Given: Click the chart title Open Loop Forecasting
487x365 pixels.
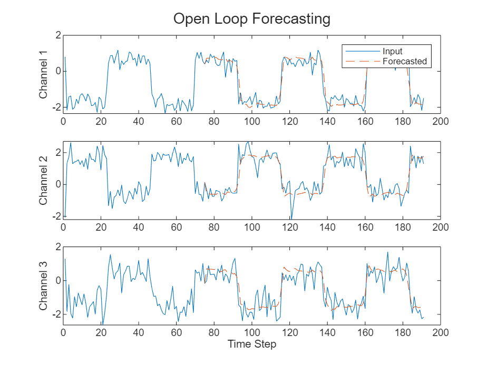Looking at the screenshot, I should pos(251,19).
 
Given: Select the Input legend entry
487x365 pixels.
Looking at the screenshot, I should pos(393,51).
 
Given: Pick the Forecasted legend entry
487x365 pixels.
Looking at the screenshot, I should pos(404,61).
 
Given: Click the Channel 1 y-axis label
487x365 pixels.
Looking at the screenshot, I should pos(44,74).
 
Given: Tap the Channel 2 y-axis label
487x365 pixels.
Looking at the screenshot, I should pos(44,180).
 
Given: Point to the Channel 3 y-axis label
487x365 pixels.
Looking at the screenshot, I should pos(44,285).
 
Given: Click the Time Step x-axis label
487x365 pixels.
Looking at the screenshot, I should pos(251,344).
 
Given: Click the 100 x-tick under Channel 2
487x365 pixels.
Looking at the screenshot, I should pos(251,228).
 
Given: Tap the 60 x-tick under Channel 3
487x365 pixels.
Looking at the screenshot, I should pos(177,333).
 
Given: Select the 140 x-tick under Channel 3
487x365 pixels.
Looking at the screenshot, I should pos(327,333).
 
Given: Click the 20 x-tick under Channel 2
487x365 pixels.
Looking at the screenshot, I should pos(101,228).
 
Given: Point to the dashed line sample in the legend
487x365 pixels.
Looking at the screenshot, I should pos(362,61).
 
